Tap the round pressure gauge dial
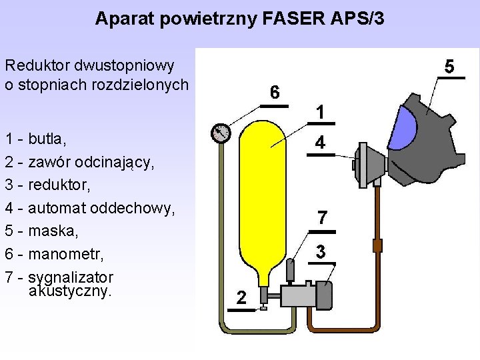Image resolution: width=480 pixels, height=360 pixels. point(219,133)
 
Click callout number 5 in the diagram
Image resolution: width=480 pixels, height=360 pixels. point(449,67)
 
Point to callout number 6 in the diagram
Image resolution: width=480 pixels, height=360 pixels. point(275,91)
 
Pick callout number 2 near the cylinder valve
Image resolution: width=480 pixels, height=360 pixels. point(241,297)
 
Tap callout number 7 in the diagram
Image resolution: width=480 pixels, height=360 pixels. point(322,217)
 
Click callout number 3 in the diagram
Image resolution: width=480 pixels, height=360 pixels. point(321,252)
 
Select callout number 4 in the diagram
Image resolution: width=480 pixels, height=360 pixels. point(321,143)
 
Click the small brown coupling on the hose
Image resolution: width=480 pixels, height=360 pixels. point(377,245)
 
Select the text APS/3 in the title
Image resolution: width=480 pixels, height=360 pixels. point(357,19)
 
